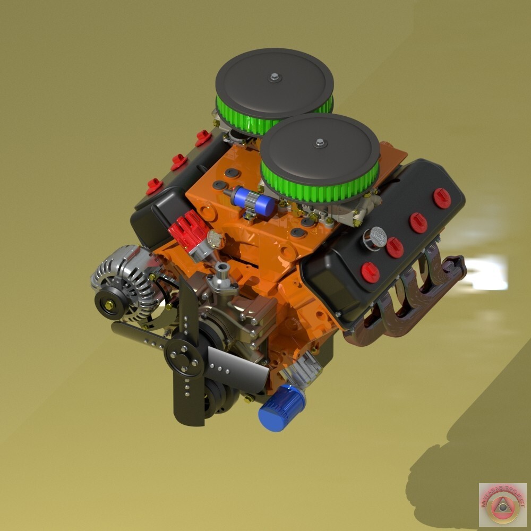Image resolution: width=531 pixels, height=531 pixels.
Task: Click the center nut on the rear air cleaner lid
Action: click(274, 78)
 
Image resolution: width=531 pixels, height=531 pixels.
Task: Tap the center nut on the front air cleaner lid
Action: click(319, 142)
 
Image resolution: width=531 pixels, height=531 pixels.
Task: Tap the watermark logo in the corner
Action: click(502, 504)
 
